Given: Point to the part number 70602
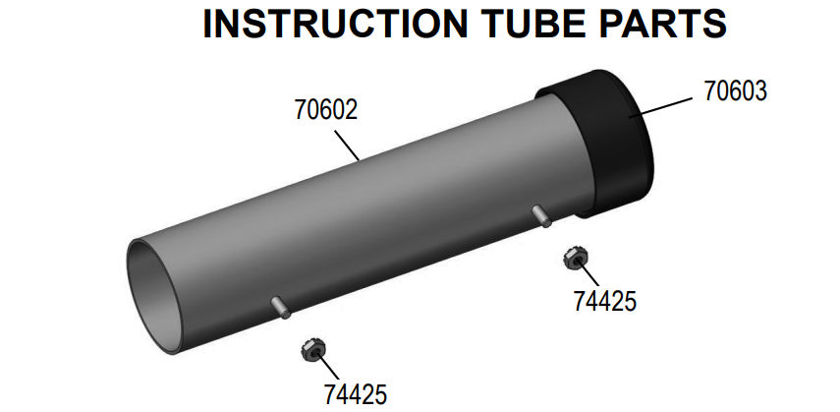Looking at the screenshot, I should [x=325, y=110].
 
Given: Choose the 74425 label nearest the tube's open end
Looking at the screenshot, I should [x=356, y=393].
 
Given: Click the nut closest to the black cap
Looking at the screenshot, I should [x=571, y=260].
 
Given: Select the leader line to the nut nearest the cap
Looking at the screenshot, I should [x=587, y=276].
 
